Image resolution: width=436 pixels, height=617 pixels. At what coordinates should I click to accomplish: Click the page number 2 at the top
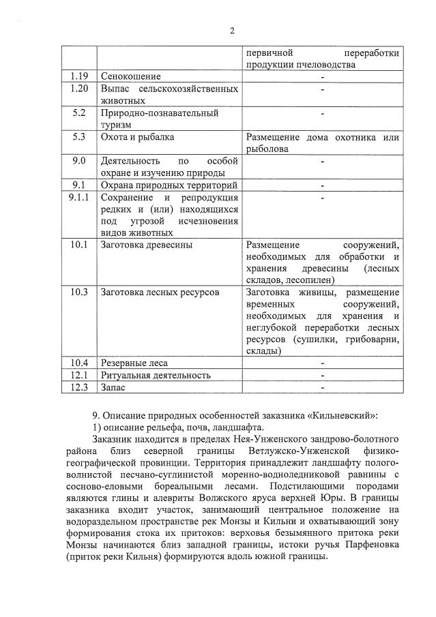(232, 31)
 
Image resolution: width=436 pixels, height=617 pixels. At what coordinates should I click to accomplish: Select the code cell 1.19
(79, 76)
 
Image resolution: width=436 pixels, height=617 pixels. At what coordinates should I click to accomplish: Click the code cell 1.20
(79, 89)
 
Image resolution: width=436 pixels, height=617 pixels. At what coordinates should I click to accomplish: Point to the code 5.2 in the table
(79, 112)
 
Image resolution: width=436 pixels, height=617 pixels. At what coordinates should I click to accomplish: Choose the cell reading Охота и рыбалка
(137, 137)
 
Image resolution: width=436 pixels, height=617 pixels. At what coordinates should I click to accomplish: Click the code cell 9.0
(79, 161)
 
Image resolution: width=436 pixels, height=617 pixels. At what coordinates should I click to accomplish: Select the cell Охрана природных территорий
(169, 185)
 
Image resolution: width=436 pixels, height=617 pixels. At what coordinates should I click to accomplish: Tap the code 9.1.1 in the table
(79, 197)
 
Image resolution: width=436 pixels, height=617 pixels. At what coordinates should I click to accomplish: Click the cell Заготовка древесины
(146, 245)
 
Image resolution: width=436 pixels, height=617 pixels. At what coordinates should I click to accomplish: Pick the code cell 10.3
(79, 292)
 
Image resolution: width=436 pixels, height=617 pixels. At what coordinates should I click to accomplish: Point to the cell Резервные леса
(134, 363)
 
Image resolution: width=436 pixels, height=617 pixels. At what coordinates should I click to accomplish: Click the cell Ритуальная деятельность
(156, 375)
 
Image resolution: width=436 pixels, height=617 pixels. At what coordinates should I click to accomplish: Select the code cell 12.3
(79, 387)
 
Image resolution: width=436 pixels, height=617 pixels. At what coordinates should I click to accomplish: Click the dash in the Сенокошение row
(322, 76)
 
